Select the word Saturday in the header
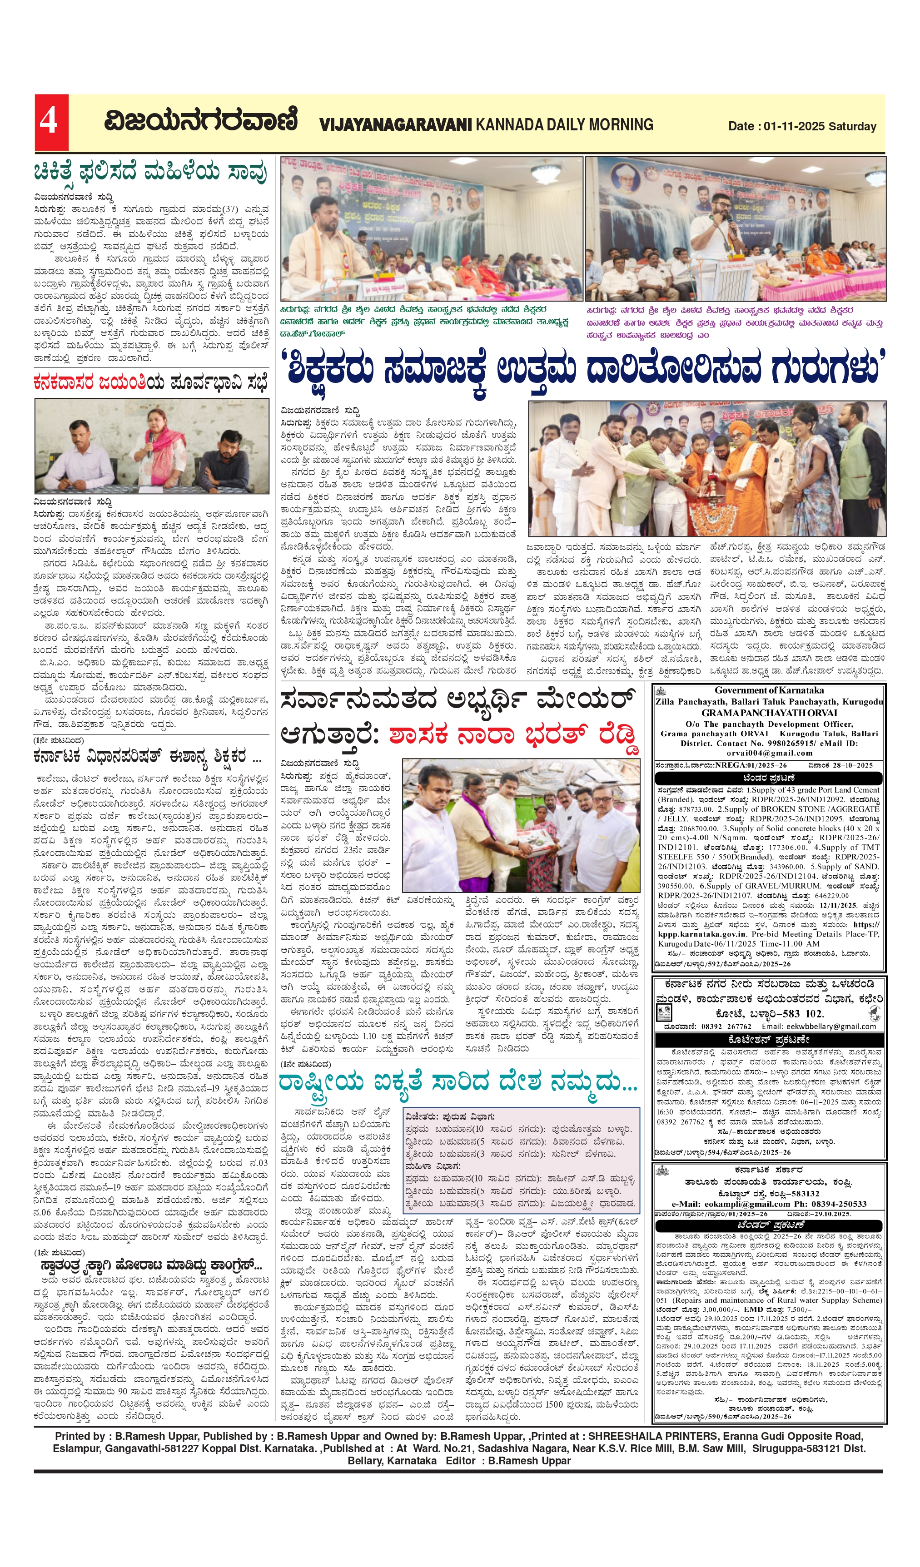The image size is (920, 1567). pyautogui.click(x=852, y=126)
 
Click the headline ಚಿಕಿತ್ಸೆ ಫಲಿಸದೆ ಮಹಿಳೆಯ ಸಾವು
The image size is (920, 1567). pyautogui.click(x=150, y=172)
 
